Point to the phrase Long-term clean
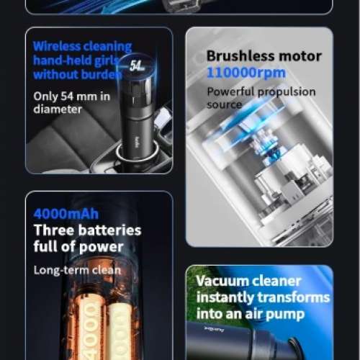pos(77,270)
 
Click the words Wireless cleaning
pos(81,47)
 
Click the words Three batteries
pos(87,231)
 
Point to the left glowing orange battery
pos(89,328)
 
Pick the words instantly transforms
pos(262,297)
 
